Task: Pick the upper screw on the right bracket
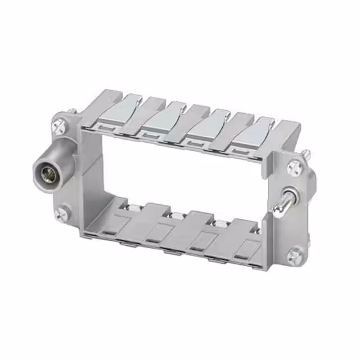[x=293, y=167]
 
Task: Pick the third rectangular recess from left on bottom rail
[x=200, y=241]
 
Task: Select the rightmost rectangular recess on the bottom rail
[x=246, y=250]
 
